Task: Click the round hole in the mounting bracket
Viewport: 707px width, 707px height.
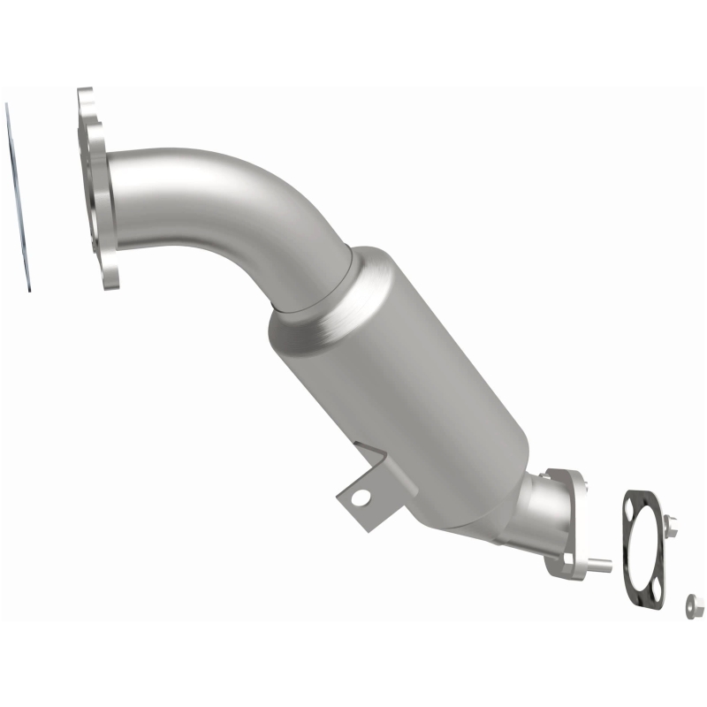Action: [360, 498]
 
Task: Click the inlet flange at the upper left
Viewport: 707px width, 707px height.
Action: [99, 190]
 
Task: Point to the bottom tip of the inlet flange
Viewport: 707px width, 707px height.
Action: [110, 285]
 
